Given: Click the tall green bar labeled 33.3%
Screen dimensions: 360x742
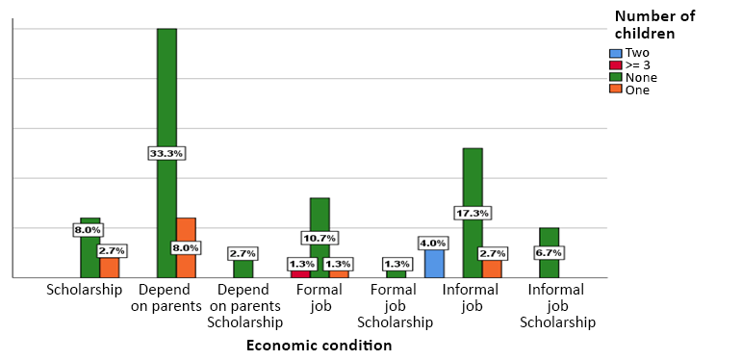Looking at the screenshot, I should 166,96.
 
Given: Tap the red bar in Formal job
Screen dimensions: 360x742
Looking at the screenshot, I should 300,273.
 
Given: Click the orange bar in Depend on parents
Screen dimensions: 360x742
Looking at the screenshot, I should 186,231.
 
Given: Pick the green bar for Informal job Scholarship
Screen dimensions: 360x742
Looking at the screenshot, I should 549,241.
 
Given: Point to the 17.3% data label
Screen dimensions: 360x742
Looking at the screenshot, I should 473,213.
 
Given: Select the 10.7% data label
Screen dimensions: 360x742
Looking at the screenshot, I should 320,238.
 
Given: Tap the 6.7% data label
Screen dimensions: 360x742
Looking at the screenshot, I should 549,253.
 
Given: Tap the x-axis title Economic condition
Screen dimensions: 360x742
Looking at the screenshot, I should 319,346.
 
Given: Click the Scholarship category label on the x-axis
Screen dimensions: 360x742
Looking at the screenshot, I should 85,290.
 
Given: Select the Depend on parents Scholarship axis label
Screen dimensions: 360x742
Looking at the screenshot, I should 244,306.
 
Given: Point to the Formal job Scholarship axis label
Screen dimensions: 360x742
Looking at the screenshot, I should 395,306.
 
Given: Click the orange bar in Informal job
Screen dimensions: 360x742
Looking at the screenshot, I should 492,269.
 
